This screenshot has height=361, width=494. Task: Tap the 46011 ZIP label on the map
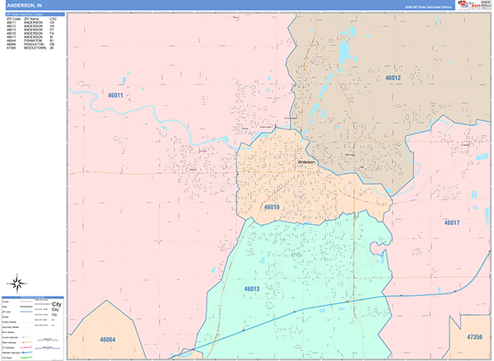click(113, 96)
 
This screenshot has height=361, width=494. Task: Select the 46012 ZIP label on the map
click(392, 77)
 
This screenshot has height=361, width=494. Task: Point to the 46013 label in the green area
click(251, 288)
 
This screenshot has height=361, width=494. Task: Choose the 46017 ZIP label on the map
click(451, 223)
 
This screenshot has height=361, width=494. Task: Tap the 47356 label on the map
click(473, 337)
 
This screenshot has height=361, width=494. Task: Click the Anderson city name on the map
click(306, 162)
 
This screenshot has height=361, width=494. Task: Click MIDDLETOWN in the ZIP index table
click(34, 48)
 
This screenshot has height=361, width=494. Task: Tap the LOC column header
click(53, 17)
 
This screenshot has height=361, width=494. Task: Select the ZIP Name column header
click(31, 17)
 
